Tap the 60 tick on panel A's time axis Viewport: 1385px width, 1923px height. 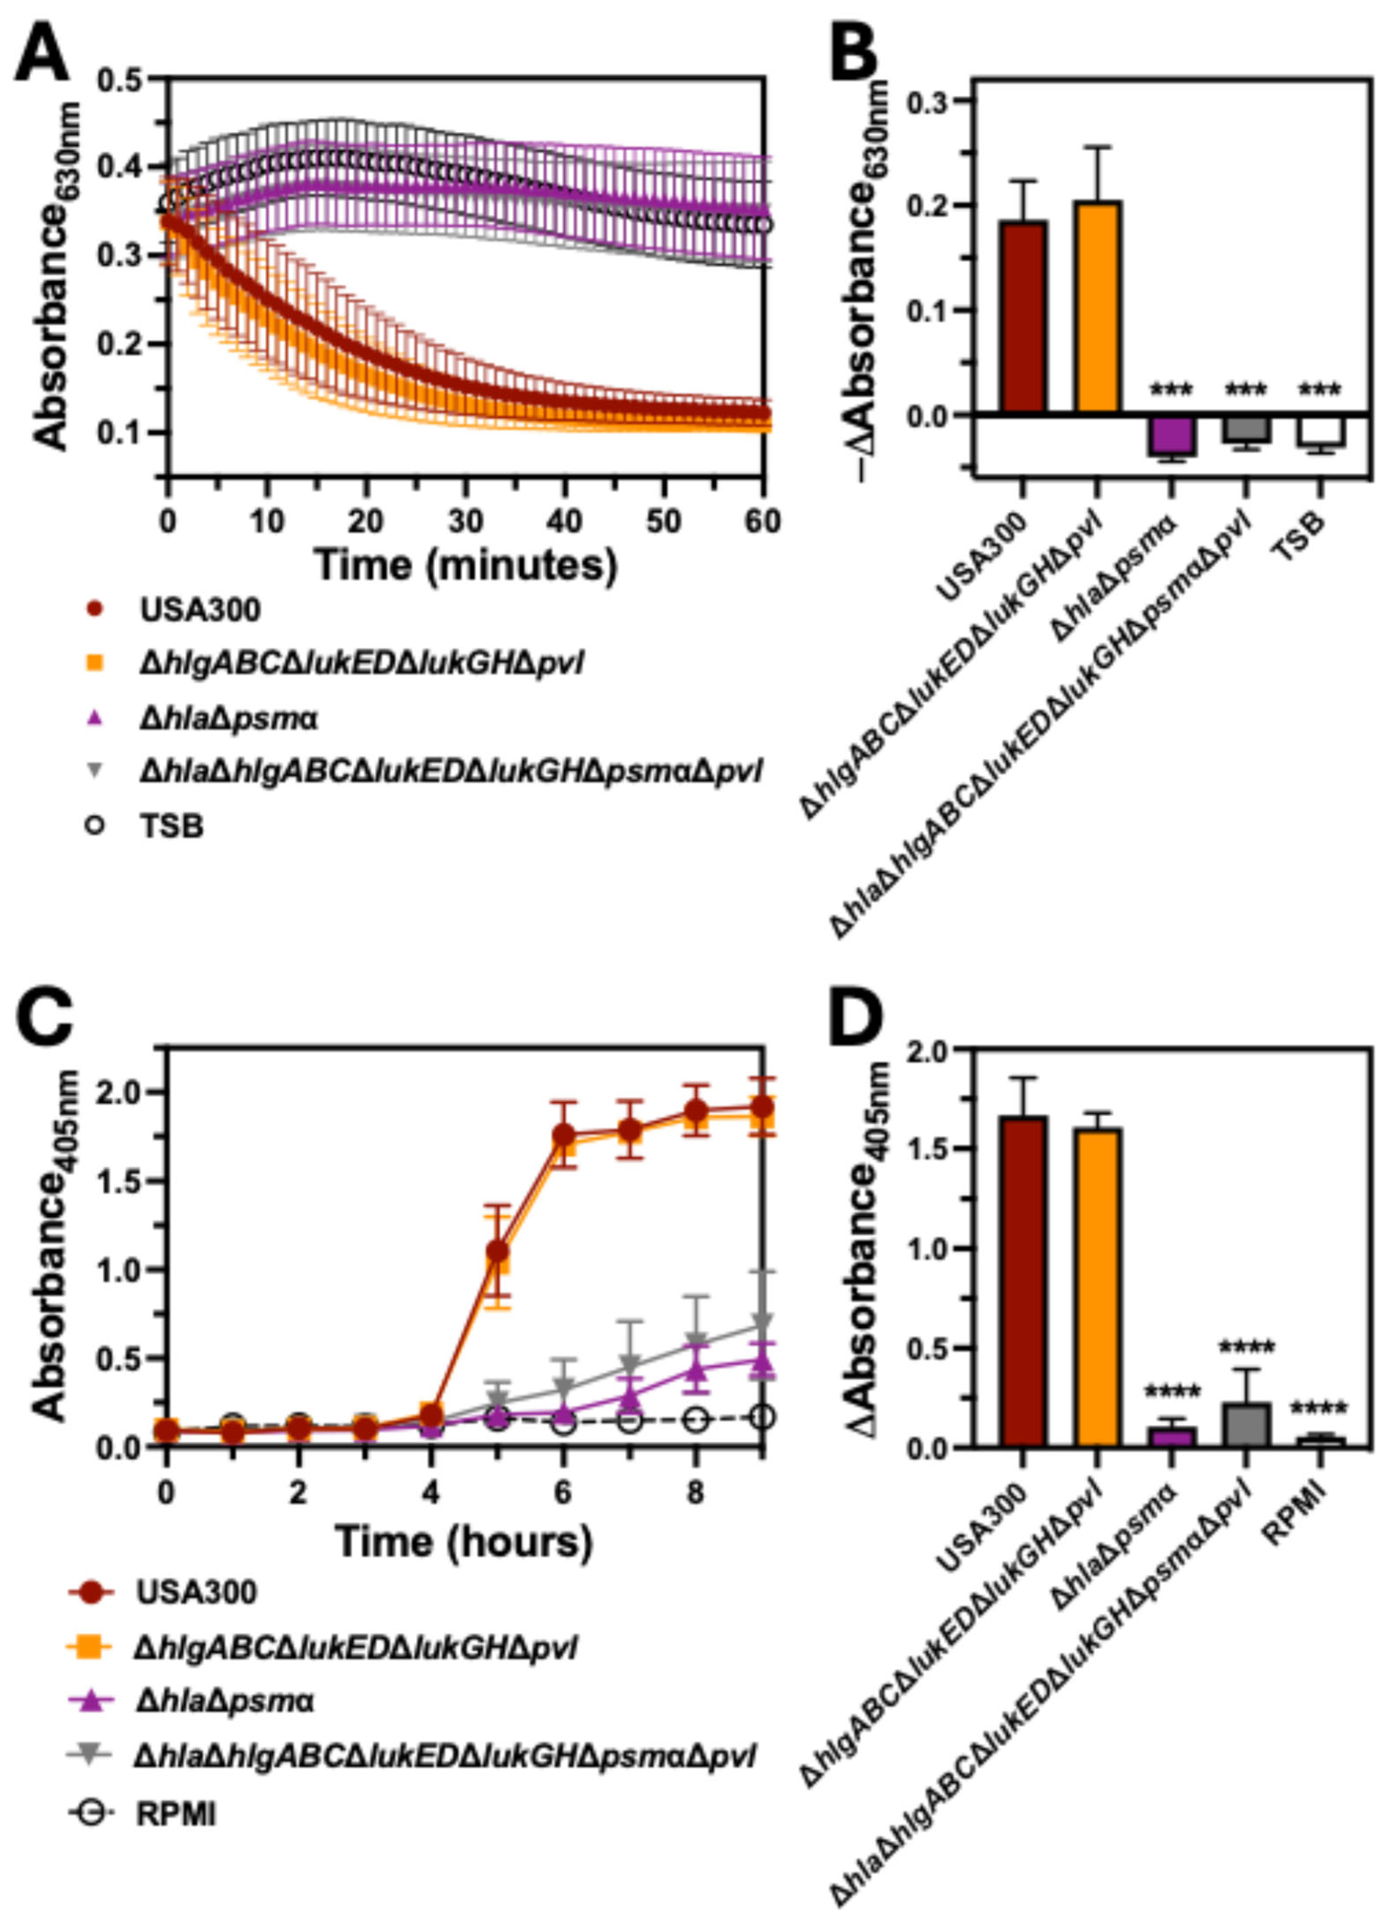coord(762,522)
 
